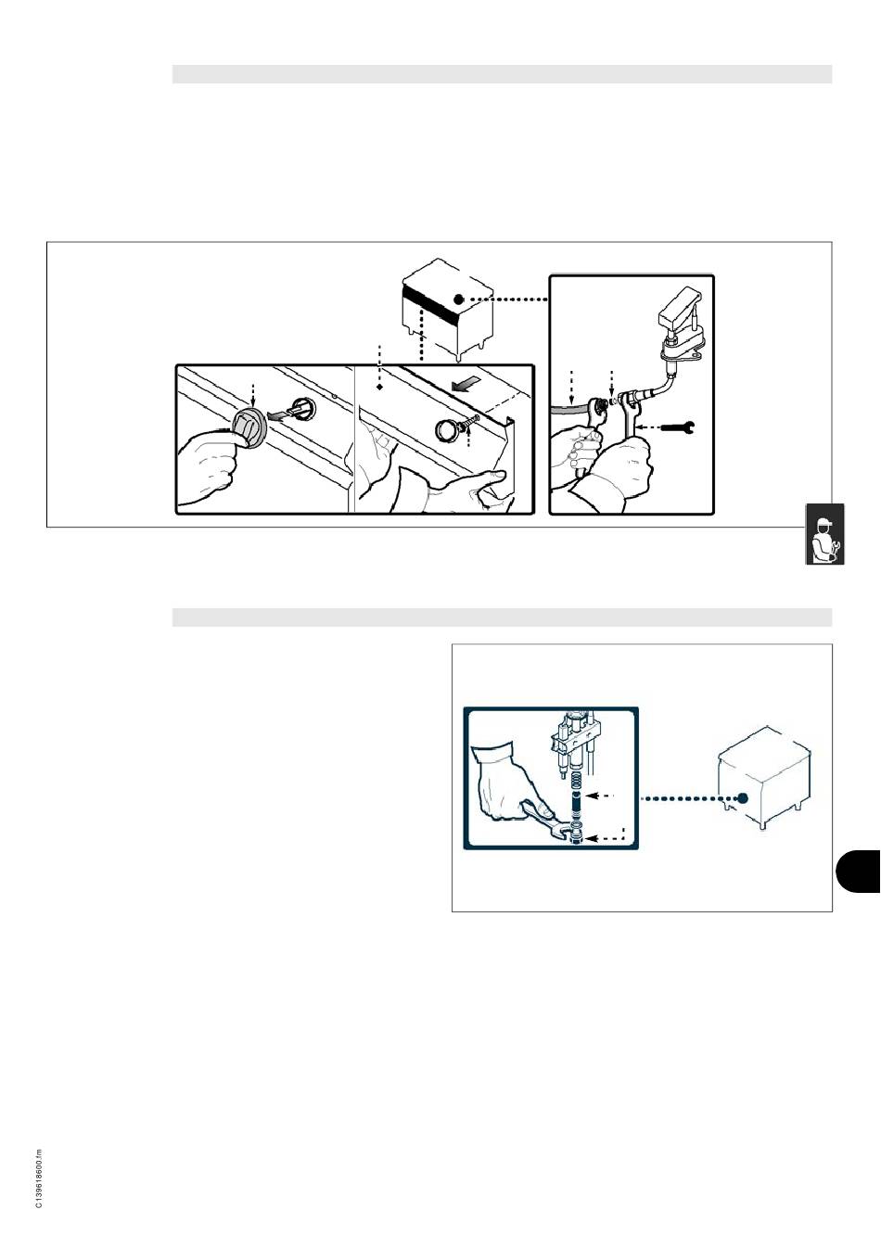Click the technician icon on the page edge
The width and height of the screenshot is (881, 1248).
coord(824,534)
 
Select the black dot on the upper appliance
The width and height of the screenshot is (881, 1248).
coord(458,299)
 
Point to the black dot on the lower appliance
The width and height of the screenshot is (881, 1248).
coord(743,797)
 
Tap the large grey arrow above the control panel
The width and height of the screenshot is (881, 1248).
coord(466,383)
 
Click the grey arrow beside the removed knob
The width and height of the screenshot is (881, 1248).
coord(278,414)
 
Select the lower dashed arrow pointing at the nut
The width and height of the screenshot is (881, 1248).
coord(608,834)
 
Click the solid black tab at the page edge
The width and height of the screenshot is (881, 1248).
coord(858,872)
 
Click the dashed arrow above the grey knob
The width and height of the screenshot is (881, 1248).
coord(253,394)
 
